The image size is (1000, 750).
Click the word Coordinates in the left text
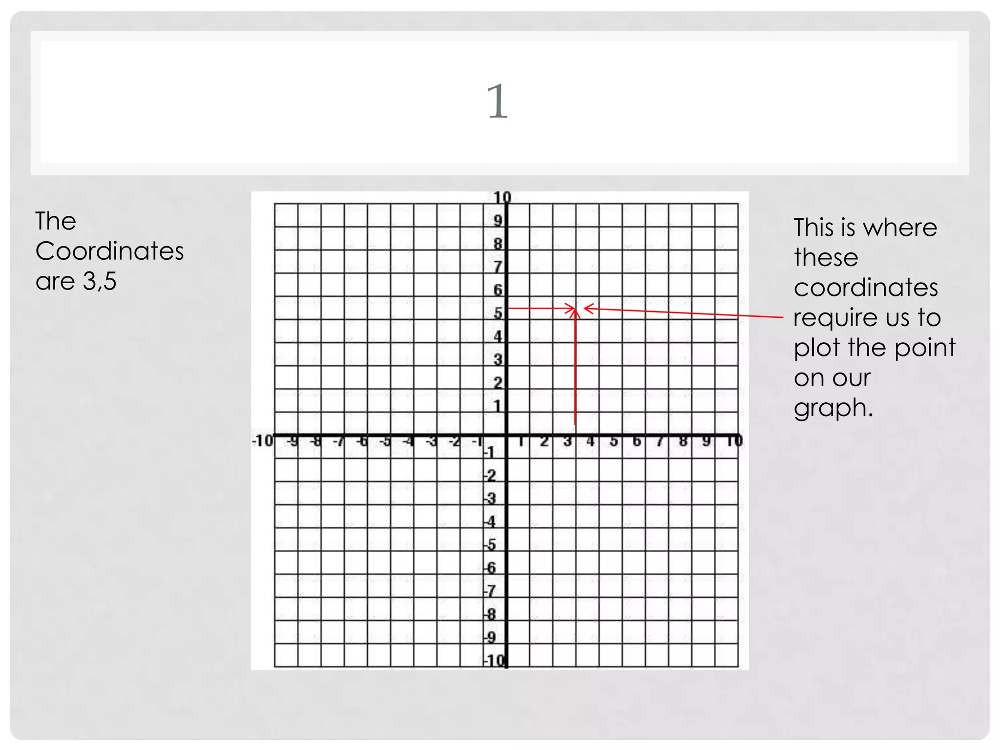(109, 251)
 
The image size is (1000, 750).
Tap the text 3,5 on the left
(100, 281)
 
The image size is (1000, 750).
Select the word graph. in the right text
(833, 408)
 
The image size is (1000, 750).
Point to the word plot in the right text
(817, 348)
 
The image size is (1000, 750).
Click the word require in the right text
(835, 318)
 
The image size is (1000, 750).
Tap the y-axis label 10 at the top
(501, 197)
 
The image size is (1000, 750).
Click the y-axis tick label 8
(498, 244)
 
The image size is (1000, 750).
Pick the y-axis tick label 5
(498, 313)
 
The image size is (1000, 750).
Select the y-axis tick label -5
(490, 544)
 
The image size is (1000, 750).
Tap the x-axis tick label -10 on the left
(262, 441)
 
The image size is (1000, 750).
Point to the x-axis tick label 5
(614, 441)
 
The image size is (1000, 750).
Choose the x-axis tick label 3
(567, 441)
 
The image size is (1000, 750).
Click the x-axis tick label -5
(386, 441)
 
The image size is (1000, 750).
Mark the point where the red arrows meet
(576, 309)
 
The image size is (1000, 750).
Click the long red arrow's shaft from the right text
(684, 313)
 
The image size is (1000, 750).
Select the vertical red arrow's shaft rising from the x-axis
(575, 371)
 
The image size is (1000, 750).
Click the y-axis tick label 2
(498, 383)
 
